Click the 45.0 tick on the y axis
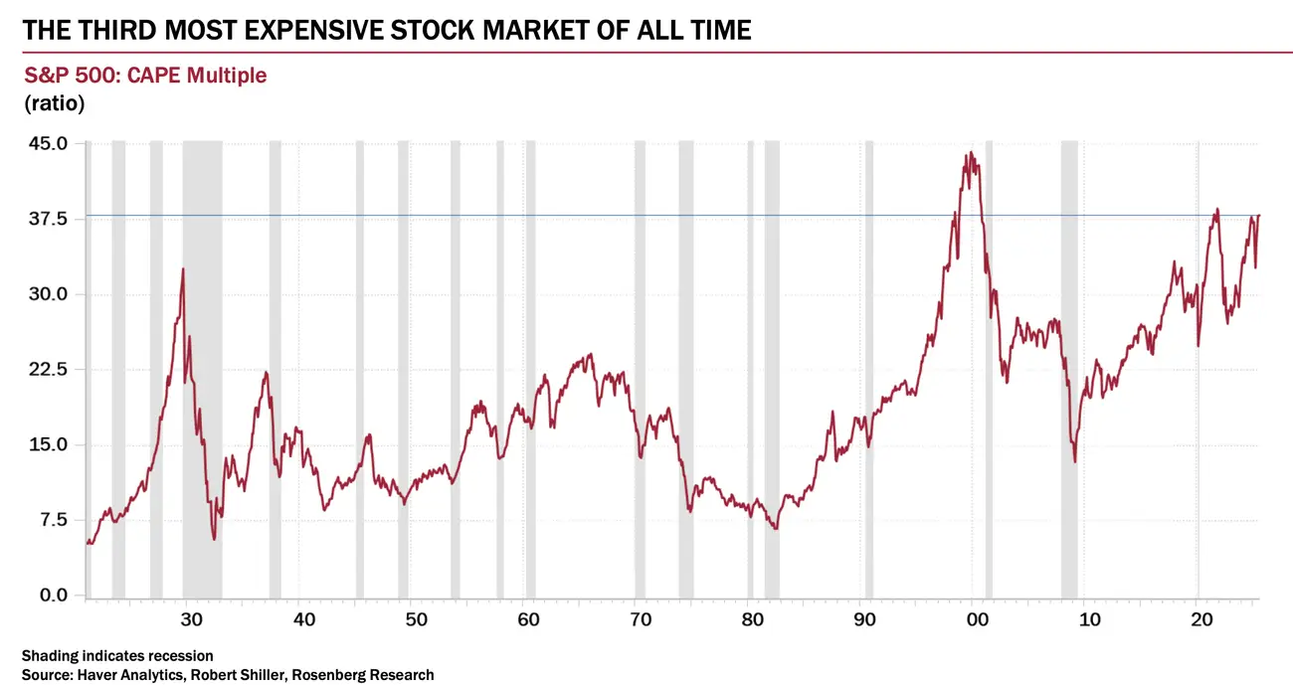coord(48,143)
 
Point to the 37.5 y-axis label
coord(48,219)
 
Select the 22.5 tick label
coord(48,370)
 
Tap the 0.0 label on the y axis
coord(52,596)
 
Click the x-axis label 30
coord(192,620)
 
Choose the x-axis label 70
coord(642,620)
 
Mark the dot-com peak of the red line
coord(970,152)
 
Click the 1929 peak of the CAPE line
coord(183,268)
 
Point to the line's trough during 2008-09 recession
coord(1075,461)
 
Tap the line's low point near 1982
coord(774,528)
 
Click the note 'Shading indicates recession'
coord(116,655)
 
